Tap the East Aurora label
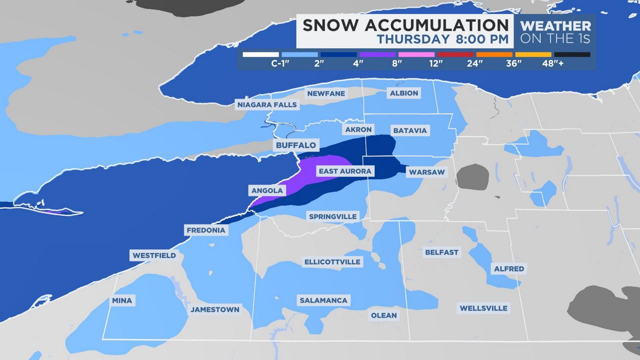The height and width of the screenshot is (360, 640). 345,171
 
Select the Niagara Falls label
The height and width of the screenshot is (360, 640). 267,104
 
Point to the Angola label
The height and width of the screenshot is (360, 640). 267,190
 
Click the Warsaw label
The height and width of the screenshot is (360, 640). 426,172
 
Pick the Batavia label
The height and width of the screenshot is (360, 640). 410,130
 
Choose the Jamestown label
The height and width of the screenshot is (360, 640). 215,309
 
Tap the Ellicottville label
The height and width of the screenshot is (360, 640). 332,261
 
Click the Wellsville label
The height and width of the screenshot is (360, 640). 483,308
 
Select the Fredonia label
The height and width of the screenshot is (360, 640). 206,230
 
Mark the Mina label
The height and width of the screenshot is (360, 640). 122,300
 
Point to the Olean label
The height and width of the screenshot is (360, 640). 383,315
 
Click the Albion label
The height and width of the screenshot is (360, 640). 404,93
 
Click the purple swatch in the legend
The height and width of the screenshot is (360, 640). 377,54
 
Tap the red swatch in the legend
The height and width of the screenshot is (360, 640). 455,54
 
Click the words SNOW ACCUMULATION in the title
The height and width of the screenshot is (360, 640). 405,25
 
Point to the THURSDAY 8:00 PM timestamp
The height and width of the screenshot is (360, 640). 442,39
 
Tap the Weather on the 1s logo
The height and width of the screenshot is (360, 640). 555,31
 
